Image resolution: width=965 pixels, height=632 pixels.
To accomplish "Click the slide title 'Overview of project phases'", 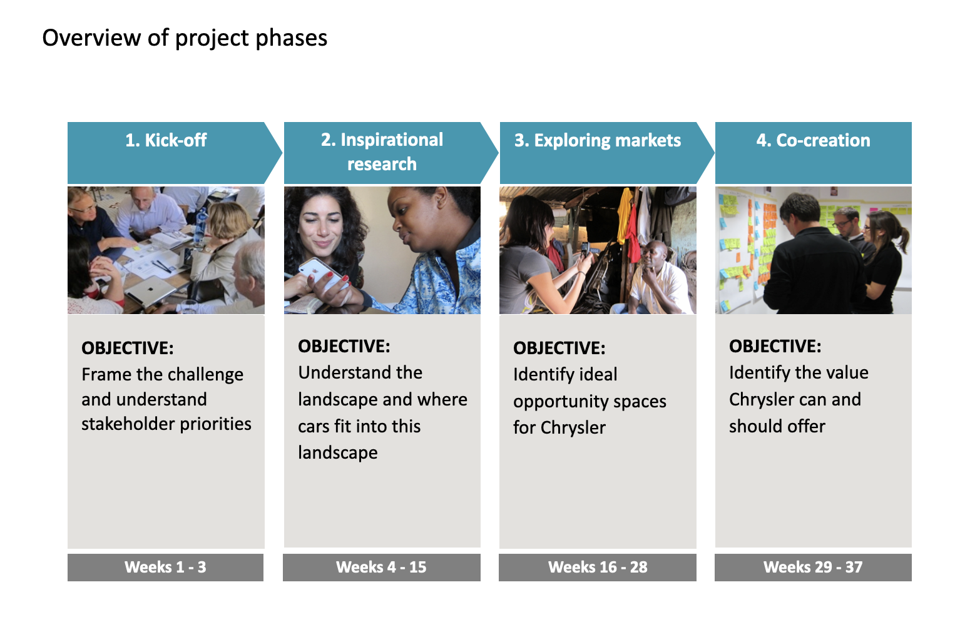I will pyautogui.click(x=185, y=38).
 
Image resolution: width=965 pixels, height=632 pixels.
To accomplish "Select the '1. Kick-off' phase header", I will pyautogui.click(x=166, y=140).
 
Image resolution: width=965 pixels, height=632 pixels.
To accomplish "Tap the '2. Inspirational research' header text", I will pyautogui.click(x=382, y=151).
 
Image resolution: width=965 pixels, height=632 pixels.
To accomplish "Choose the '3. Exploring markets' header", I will pyautogui.click(x=597, y=140).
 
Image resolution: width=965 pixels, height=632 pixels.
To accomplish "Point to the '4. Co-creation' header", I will pyautogui.click(x=813, y=140).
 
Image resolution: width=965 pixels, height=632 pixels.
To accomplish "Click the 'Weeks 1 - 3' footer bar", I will pyautogui.click(x=165, y=567).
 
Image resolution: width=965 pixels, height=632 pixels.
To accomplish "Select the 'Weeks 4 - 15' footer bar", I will pyautogui.click(x=381, y=567).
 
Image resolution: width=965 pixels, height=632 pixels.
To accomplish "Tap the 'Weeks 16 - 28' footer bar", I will pyautogui.click(x=597, y=567).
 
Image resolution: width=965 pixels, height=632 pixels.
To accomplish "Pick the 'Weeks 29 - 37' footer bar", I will pyautogui.click(x=813, y=567).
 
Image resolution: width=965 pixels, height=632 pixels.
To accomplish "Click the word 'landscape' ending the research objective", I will pyautogui.click(x=337, y=452).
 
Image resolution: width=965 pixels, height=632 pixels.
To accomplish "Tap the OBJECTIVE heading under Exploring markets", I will pyautogui.click(x=559, y=348).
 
